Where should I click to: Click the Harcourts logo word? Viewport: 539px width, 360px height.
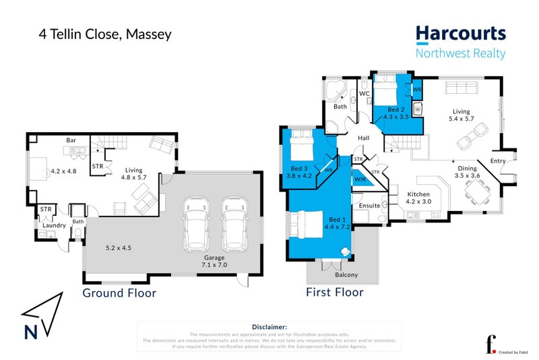pos(460,34)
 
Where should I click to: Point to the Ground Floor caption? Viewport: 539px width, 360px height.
pos(119,293)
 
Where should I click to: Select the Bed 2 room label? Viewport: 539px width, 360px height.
pos(396,113)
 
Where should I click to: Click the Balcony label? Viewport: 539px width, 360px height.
pos(346,275)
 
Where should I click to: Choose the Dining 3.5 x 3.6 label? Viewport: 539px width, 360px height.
pos(467,172)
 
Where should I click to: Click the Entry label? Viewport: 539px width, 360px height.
pos(498,160)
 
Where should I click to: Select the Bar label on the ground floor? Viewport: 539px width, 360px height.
pos(70,140)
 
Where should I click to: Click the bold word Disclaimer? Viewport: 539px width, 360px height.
pos(269,326)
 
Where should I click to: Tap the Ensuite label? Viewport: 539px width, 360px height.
pos(369,205)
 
